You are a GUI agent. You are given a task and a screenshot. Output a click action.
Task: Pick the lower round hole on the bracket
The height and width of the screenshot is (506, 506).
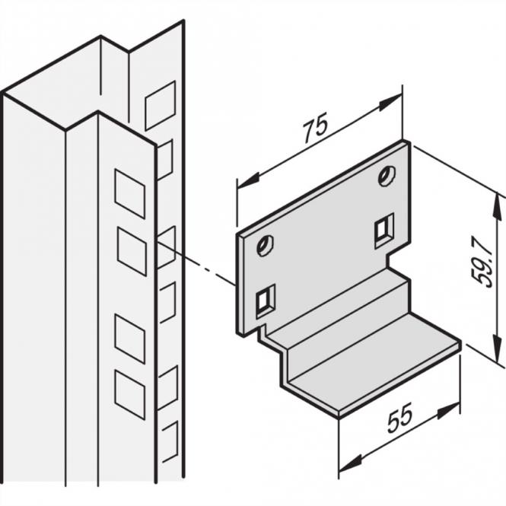[265, 245]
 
